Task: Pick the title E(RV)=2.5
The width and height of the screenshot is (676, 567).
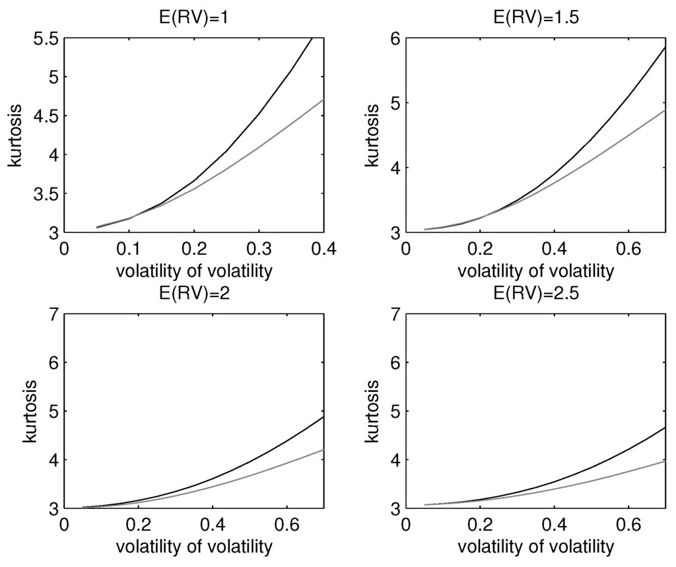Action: [535, 294]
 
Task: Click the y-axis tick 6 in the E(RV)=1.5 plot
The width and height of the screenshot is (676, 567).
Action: [396, 39]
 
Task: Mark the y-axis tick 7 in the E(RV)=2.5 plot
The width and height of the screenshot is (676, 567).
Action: [396, 314]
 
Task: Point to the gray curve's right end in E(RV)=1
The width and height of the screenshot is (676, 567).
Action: [323, 100]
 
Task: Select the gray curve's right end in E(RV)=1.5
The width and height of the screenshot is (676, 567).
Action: [665, 110]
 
